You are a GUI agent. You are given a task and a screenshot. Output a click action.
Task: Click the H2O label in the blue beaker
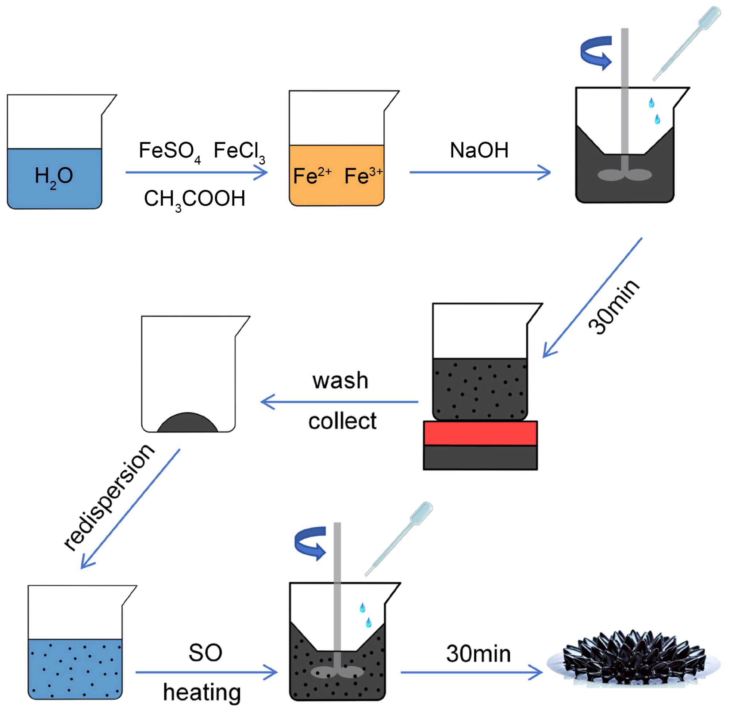pyautogui.click(x=54, y=176)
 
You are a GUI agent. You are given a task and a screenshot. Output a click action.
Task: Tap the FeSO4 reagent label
pyautogui.click(x=169, y=151)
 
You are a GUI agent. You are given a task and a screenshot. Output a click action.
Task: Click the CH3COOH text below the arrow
pyautogui.click(x=194, y=199)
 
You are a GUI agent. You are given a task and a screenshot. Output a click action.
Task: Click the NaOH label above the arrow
pyautogui.click(x=479, y=151)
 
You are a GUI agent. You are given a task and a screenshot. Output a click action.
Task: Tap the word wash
pyautogui.click(x=340, y=381)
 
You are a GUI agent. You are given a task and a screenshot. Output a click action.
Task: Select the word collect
pyautogui.click(x=342, y=421)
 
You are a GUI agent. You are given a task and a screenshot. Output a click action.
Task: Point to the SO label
pyautogui.click(x=205, y=653)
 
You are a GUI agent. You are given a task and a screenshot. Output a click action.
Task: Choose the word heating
pyautogui.click(x=201, y=693)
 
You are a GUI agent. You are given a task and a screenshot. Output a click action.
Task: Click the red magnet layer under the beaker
pyautogui.click(x=480, y=433)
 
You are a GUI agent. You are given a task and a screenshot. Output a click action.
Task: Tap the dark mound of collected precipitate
pyautogui.click(x=187, y=423)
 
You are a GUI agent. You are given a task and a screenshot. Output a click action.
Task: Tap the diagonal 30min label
pyautogui.click(x=614, y=307)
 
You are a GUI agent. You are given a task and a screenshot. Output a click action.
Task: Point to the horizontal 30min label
pyautogui.click(x=478, y=654)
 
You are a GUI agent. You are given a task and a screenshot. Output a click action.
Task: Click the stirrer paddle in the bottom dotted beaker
pyautogui.click(x=337, y=672)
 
